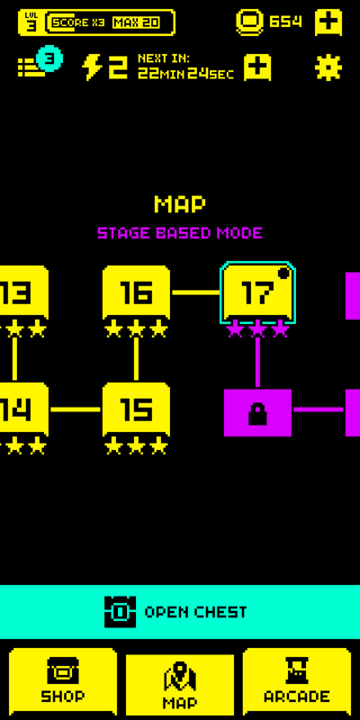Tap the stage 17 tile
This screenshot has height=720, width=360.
(257, 292)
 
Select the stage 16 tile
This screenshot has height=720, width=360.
(136, 292)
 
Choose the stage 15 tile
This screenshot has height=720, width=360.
(136, 409)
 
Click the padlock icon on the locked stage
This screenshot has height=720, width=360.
(257, 414)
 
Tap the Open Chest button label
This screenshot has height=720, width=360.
(195, 612)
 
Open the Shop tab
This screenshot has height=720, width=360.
(63, 682)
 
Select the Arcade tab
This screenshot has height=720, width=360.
(297, 682)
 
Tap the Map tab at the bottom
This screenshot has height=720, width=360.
(180, 685)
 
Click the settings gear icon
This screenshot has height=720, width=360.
(328, 68)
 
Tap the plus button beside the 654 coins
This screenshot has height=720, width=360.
(328, 22)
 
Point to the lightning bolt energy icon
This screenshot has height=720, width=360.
(92, 67)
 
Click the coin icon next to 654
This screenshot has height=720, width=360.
(250, 22)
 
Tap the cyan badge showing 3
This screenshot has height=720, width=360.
(49, 58)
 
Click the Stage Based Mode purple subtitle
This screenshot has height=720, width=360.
(180, 233)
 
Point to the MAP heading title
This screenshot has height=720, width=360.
(180, 204)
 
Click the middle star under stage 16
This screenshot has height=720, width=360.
(136, 329)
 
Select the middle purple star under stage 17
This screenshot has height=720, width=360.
(257, 329)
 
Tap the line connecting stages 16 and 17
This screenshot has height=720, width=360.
(196, 292)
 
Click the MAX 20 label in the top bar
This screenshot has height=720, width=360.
(136, 22)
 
